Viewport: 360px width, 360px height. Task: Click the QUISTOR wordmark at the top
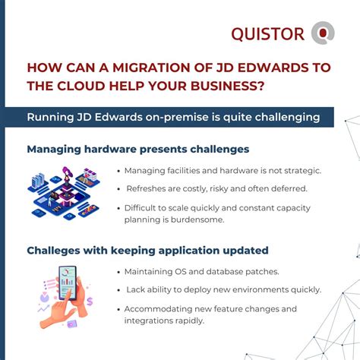click(268, 33)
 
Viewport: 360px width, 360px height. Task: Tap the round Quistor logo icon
click(324, 33)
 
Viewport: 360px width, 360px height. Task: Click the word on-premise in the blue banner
click(178, 117)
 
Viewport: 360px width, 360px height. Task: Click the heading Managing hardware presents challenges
click(137, 149)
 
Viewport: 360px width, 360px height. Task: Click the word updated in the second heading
click(245, 250)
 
